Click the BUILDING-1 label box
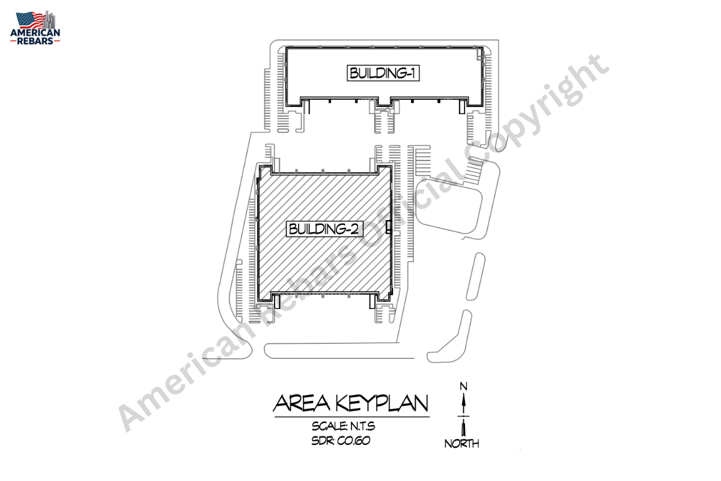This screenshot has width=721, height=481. pos(383,73)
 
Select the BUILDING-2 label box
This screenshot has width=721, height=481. pos(324,229)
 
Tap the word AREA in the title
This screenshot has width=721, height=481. pos(302,403)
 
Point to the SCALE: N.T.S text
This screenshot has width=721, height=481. pos(343,426)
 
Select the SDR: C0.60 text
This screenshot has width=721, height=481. pos(341,441)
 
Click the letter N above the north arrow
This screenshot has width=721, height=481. pos(463,386)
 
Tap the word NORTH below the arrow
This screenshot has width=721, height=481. pos(461,444)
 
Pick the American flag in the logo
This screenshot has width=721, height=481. pos(30,20)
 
